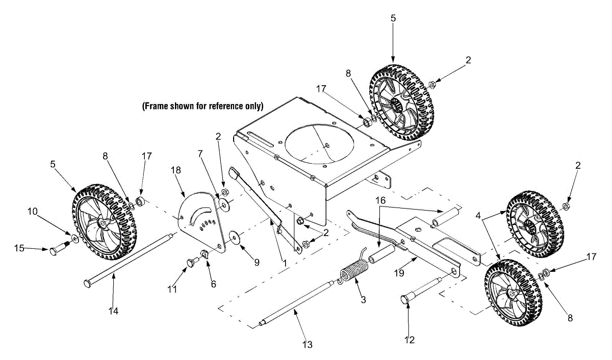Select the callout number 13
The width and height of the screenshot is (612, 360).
[308, 345]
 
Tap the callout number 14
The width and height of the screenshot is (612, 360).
[113, 311]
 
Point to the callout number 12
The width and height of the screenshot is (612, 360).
[409, 340]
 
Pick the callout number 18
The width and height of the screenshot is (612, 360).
[176, 170]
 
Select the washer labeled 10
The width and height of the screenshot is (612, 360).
[74, 239]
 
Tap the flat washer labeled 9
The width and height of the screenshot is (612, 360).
[234, 236]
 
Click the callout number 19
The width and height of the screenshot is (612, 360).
[399, 273]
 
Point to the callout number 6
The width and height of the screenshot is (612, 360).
[213, 284]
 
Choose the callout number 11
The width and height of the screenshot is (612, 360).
[172, 289]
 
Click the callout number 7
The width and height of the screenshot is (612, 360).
[200, 154]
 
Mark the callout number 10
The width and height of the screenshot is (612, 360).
[33, 212]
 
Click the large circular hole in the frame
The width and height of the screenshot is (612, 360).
[319, 144]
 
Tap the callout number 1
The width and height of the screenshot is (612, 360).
[285, 263]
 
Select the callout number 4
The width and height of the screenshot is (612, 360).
[478, 216]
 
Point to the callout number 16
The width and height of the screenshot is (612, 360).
[380, 200]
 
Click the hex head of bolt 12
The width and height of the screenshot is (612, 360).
[405, 299]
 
